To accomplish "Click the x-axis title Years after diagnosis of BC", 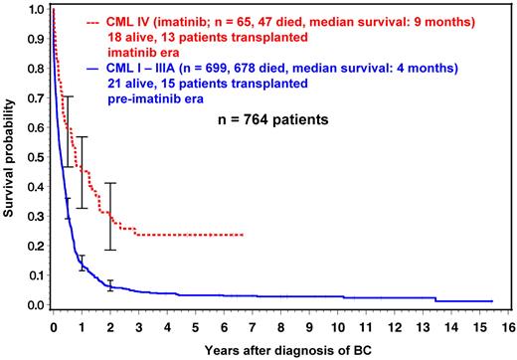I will (x=282, y=349).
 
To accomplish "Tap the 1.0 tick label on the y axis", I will (x=35, y=9).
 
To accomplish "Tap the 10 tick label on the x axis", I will (x=335, y=324).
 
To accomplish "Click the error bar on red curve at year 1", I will (x=82, y=172).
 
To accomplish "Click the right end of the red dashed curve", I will (x=243, y=235).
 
